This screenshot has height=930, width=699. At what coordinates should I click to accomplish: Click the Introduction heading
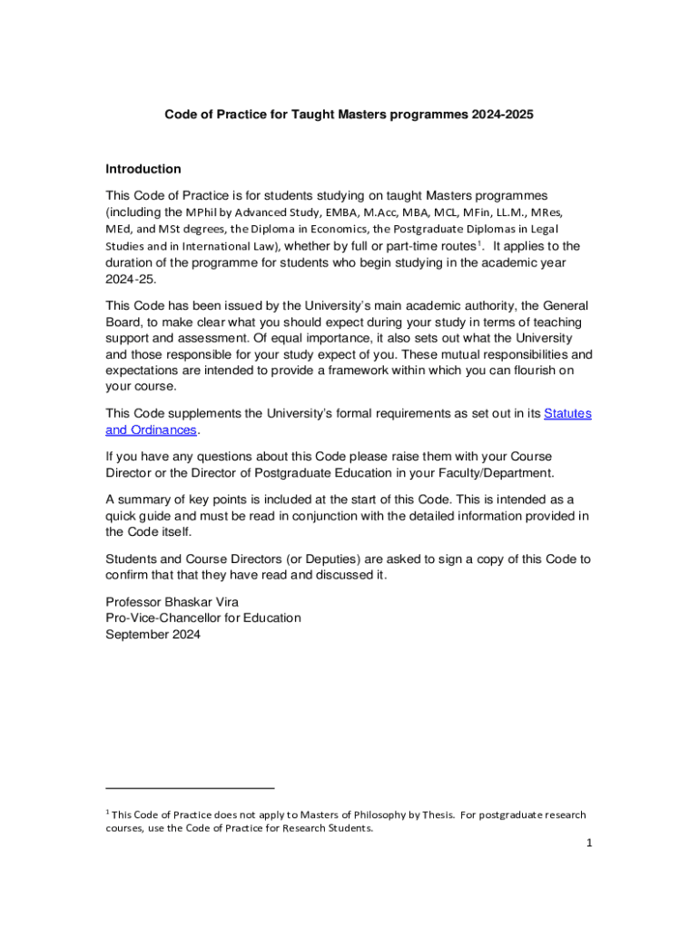coord(143,169)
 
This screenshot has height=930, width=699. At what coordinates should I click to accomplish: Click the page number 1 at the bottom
coord(588,843)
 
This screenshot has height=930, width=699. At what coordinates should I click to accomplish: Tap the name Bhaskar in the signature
coord(191,601)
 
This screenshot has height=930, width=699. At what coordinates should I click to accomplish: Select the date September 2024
coord(153,635)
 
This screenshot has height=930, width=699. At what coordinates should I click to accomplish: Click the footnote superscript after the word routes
coord(479,243)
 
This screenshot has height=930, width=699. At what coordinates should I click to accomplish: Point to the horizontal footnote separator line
coord(190,788)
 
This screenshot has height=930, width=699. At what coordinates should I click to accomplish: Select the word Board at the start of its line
coord(123,322)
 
